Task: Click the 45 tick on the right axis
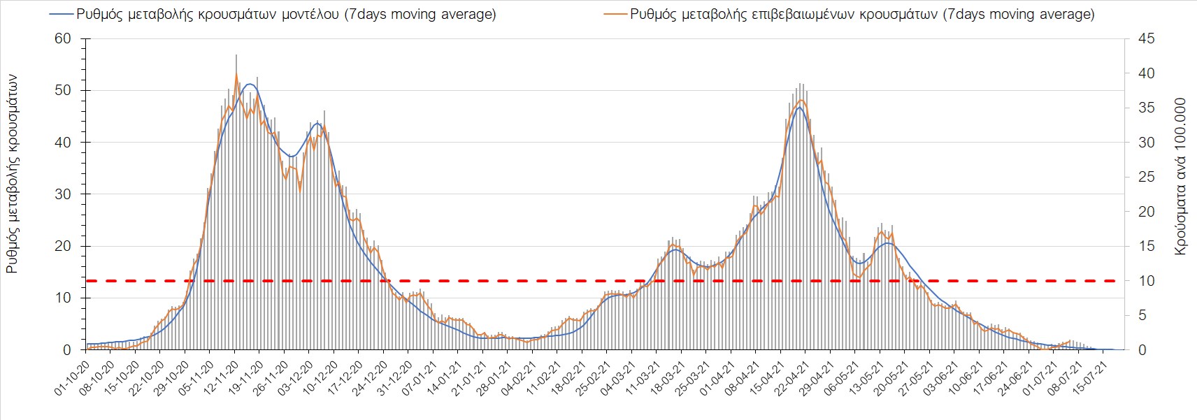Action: coord(1146,39)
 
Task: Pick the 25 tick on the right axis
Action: coord(1146,178)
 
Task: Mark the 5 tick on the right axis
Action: coord(1142,316)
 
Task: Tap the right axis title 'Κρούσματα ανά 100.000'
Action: coord(1180,176)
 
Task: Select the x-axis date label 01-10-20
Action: coord(72,379)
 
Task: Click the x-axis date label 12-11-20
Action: coord(221,379)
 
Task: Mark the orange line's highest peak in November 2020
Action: coord(236,74)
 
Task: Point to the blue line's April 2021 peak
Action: coord(798,107)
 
